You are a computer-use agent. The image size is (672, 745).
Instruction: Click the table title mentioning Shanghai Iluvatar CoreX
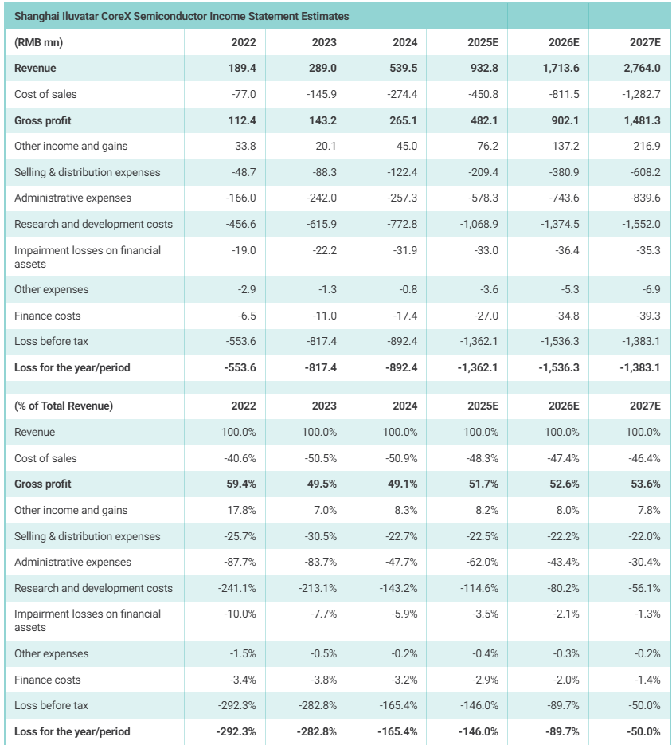pos(182,16)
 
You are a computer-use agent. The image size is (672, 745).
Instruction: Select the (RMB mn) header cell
pos(39,42)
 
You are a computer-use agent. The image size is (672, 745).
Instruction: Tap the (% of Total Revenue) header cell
pos(64,406)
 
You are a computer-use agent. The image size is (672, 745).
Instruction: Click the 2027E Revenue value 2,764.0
pos(640,69)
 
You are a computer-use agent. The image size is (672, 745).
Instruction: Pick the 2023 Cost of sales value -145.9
pos(322,94)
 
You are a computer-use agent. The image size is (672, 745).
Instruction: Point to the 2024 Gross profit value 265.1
pos(403,120)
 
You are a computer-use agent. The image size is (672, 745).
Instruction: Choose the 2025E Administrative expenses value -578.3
pos(479,198)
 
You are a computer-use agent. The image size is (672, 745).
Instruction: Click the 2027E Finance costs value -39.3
pos(646,316)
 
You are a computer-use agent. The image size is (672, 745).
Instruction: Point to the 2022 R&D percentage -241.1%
pos(237,588)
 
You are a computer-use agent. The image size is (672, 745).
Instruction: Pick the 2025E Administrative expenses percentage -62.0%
pos(481,562)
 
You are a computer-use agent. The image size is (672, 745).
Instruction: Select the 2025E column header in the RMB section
pos(483,42)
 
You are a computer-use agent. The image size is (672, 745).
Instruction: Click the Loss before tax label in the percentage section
pos(51,705)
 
